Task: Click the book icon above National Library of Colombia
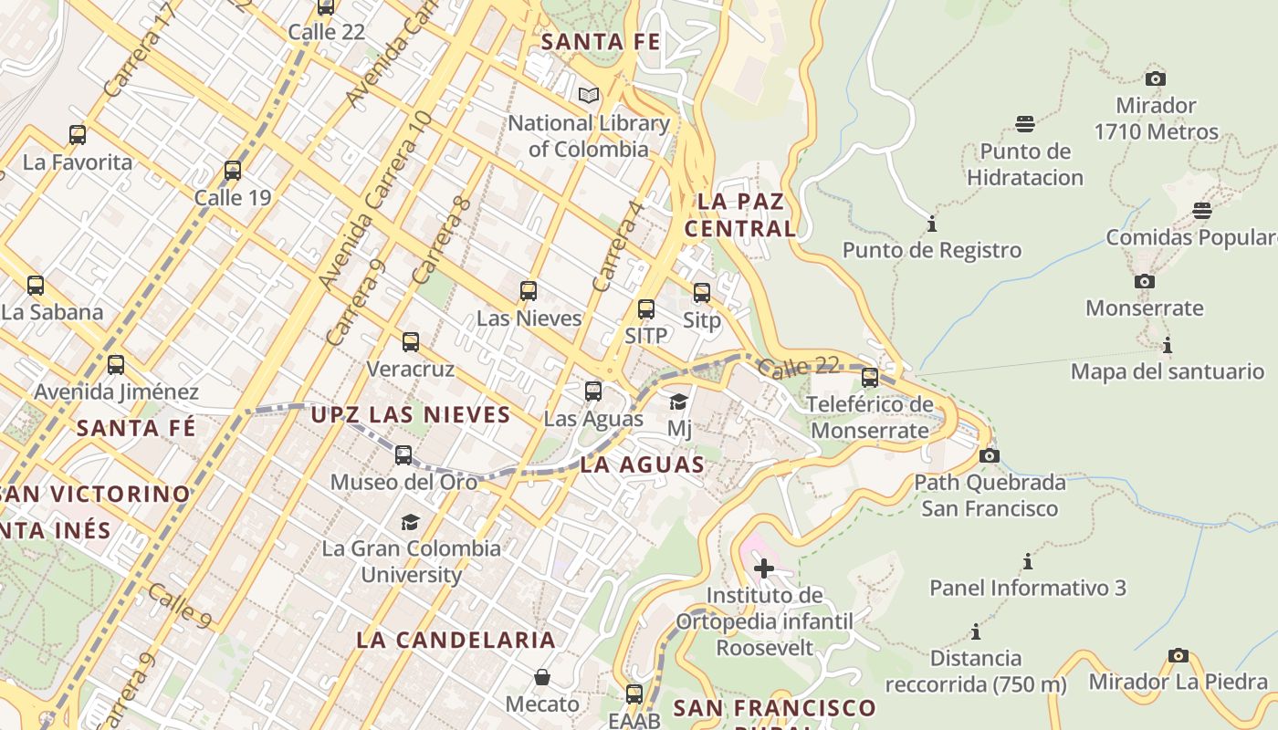click(589, 95)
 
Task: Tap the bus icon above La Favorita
click(78, 135)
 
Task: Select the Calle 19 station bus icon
click(233, 171)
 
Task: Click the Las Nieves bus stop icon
click(529, 291)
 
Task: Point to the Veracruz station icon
click(411, 342)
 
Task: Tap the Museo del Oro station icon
click(403, 454)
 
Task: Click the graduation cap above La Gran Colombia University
click(411, 522)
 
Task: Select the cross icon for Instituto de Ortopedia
click(764, 569)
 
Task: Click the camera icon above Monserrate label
click(1144, 282)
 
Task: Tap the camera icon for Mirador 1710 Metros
click(1156, 78)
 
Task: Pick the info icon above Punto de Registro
click(932, 224)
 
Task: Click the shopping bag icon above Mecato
click(543, 677)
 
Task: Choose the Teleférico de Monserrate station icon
click(870, 377)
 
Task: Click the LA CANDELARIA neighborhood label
click(456, 640)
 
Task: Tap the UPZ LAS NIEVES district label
click(411, 415)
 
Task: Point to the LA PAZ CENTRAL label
click(740, 214)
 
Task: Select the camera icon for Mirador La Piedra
click(1178, 655)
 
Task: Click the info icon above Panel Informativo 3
click(1028, 561)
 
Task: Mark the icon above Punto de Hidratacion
click(1025, 124)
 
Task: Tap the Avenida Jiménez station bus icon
click(116, 365)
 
